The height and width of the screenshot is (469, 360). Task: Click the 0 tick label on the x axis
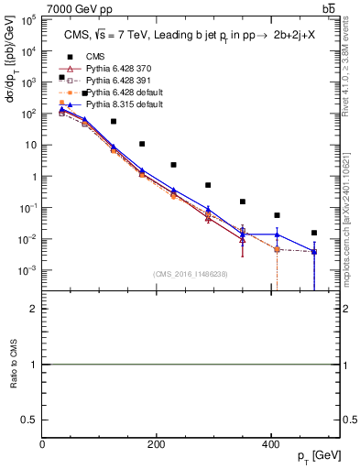tap(43, 444)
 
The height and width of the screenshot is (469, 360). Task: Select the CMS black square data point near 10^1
tap(142, 144)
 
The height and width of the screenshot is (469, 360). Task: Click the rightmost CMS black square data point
tap(314, 233)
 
